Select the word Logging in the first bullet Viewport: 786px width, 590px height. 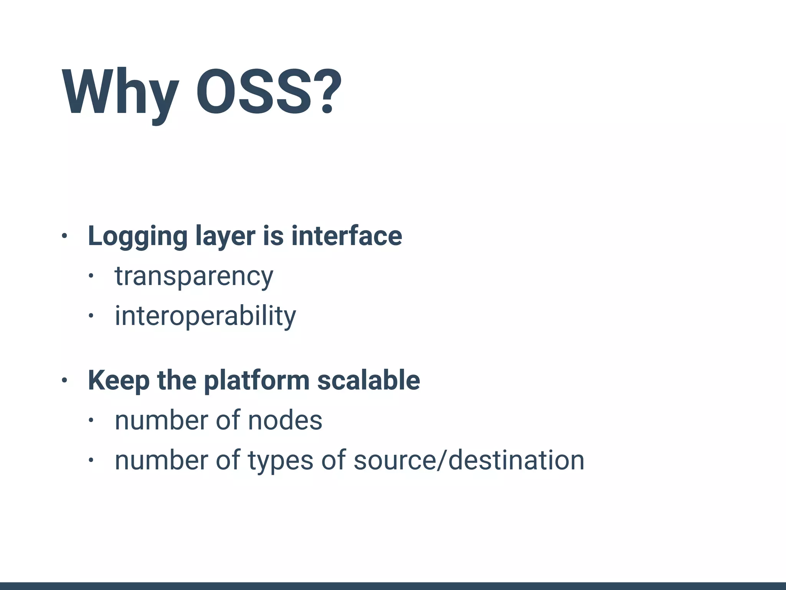pos(137,236)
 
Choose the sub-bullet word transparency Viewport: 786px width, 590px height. pos(194,276)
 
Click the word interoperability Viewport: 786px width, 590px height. pos(205,316)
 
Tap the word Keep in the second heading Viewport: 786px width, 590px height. pos(119,381)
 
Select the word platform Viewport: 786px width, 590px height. pos(256,381)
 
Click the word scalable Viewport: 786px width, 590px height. pos(368,380)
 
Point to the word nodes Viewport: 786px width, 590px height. pos(285,421)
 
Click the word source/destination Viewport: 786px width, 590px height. pos(469,460)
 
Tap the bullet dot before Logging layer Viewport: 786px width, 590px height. pos(64,236)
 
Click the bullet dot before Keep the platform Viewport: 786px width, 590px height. pos(64,380)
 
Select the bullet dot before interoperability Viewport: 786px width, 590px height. pos(91,316)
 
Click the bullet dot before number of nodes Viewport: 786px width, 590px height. pos(91,420)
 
